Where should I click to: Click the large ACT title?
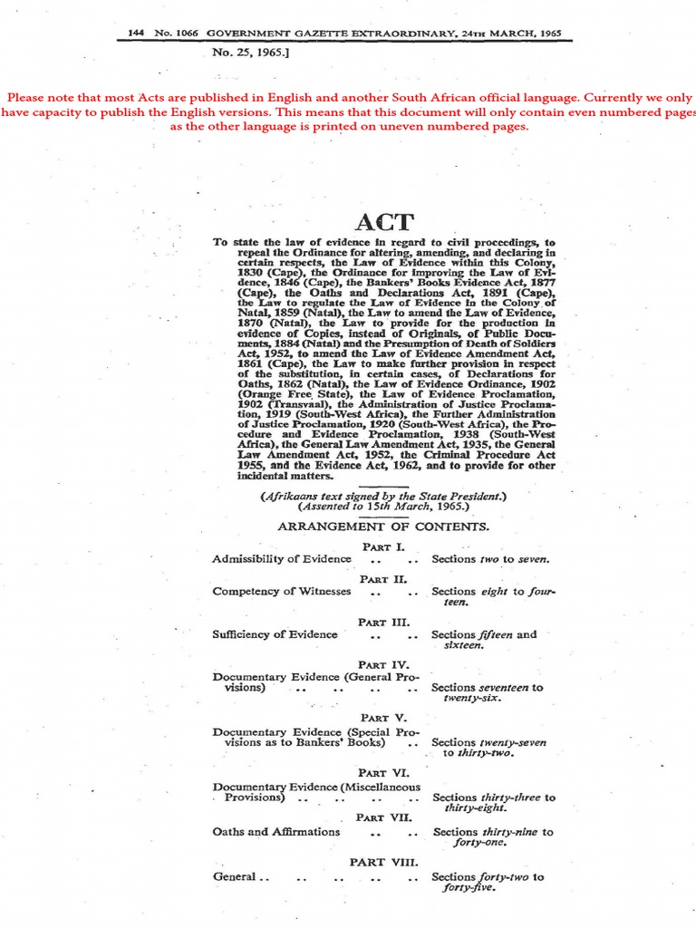384,223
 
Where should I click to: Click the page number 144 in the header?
137,34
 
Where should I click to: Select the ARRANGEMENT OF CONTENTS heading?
383,527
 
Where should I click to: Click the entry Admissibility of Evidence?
281,559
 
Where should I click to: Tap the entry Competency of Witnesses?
281,592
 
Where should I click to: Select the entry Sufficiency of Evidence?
275,634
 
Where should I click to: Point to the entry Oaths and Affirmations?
276,831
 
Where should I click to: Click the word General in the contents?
235,877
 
